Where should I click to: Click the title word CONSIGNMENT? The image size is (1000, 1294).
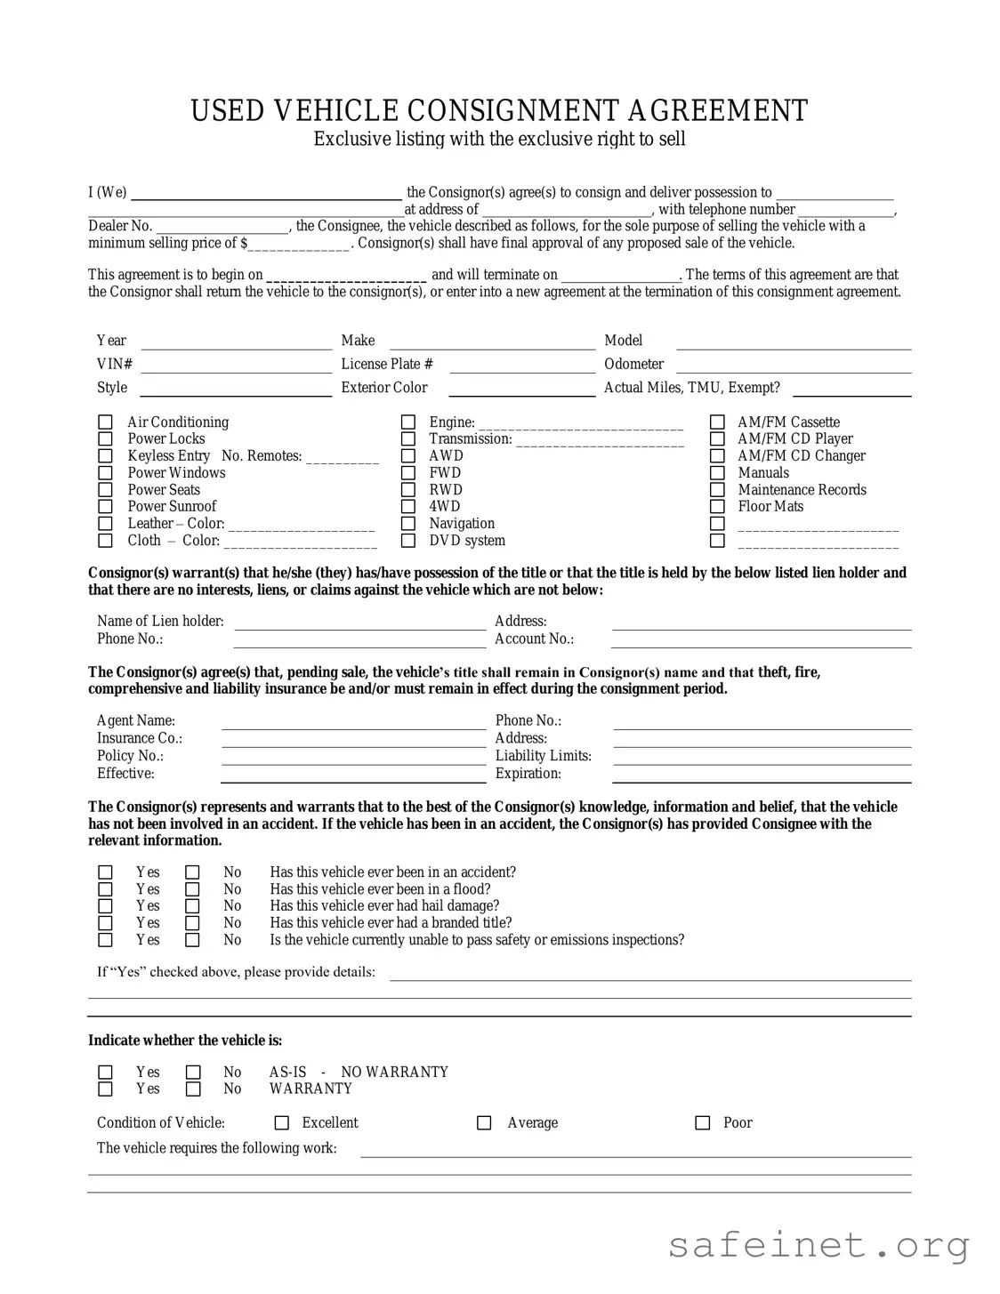[x=515, y=111]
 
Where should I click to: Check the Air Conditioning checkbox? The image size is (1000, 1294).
[x=105, y=422]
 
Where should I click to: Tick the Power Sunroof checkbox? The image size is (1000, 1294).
[x=105, y=507]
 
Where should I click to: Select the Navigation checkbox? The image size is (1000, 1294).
[x=408, y=524]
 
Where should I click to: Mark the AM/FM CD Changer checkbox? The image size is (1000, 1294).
[x=717, y=456]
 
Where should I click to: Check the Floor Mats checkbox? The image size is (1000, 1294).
[x=717, y=507]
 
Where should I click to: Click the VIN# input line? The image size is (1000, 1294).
[x=236, y=365]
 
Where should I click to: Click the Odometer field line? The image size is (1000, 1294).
[x=794, y=365]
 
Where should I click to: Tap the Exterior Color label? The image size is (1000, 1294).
[x=384, y=388]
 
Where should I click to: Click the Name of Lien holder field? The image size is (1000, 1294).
[x=359, y=622]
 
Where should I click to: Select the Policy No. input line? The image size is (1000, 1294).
[x=353, y=757]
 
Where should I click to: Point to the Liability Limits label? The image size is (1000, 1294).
[x=543, y=756]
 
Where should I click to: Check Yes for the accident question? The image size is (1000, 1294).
[x=105, y=872]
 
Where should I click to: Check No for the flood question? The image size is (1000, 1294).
[x=192, y=889]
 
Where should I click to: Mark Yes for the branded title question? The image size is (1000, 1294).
[x=105, y=923]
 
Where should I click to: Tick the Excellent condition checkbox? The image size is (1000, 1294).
[x=282, y=1123]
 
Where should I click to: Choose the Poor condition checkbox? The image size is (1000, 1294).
[x=702, y=1123]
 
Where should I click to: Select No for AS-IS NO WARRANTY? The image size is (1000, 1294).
[x=192, y=1073]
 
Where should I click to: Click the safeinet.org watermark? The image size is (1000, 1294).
[x=819, y=1245]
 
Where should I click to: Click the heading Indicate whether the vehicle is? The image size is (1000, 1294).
[x=185, y=1041]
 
